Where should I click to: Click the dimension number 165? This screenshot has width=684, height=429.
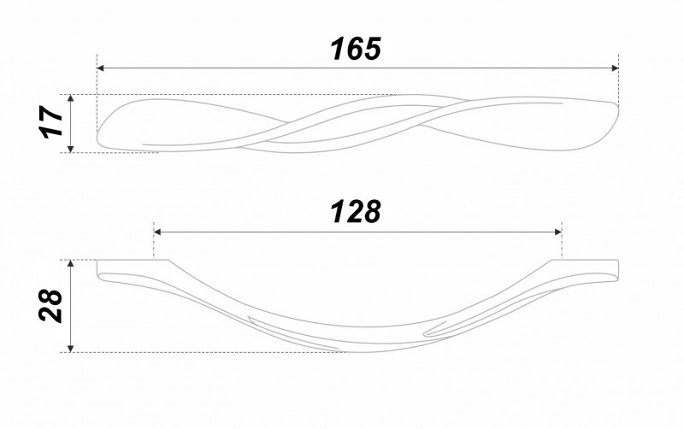[x=356, y=49]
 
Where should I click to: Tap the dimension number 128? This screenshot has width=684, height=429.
[x=356, y=212]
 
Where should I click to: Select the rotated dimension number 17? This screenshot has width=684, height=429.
[x=52, y=121]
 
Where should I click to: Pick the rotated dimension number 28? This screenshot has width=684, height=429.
[x=50, y=305]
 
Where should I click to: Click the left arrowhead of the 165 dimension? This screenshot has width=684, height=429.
[x=100, y=68]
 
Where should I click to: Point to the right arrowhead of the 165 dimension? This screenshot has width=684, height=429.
[x=615, y=68]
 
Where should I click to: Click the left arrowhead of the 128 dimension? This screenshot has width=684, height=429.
[x=157, y=232]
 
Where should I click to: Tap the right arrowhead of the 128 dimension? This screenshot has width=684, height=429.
[x=558, y=232]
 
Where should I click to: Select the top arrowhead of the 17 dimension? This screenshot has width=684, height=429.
[x=71, y=98]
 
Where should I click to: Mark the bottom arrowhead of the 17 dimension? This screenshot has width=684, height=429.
[x=71, y=149]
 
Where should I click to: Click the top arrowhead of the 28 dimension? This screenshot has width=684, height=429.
[x=71, y=263]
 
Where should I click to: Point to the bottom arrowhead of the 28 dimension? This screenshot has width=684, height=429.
[x=71, y=349]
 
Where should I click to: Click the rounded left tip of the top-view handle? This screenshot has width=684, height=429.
[x=97, y=135]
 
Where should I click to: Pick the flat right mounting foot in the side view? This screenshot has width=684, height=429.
[x=585, y=262]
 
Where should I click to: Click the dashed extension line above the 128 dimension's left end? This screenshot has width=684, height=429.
[x=154, y=240]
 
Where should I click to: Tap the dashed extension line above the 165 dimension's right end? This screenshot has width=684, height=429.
[x=618, y=79]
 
